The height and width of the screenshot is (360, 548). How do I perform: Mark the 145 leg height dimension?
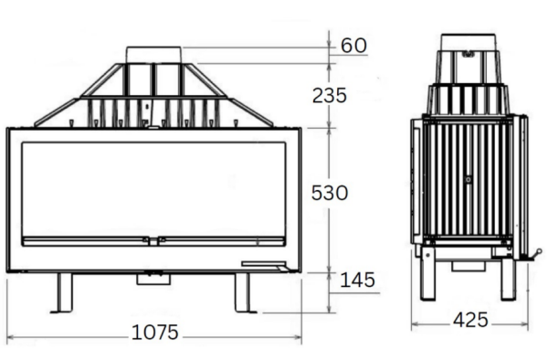point(356,280)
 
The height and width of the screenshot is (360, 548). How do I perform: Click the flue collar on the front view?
point(154,53)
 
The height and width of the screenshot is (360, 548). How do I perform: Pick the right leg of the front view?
point(242,292)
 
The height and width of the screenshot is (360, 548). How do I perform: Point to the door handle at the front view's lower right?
point(264,265)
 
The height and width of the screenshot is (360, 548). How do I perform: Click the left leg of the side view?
point(427,277)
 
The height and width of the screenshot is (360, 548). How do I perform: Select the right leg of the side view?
point(508,277)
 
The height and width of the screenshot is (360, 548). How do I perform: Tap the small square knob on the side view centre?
point(468,180)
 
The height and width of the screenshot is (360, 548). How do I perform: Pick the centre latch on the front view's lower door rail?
point(153,240)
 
